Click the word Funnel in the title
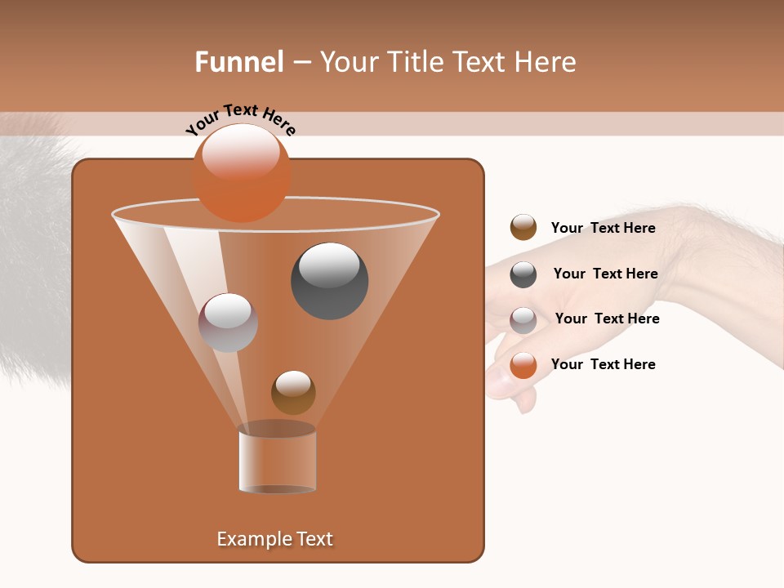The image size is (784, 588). pyautogui.click(x=238, y=62)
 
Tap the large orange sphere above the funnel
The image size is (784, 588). pyautogui.click(x=241, y=173)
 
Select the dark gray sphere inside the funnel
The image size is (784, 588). pyautogui.click(x=329, y=281)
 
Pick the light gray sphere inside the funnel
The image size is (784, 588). pyautogui.click(x=228, y=323)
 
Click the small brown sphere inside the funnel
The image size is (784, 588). pyautogui.click(x=293, y=392)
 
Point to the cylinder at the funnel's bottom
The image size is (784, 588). pyautogui.click(x=277, y=461)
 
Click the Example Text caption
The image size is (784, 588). pyautogui.click(x=274, y=539)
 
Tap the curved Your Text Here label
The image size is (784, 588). pyautogui.click(x=240, y=119)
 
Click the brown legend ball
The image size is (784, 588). pyautogui.click(x=523, y=227)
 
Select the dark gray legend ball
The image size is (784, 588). pyautogui.click(x=523, y=274)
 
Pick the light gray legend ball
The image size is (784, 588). pyautogui.click(x=523, y=320)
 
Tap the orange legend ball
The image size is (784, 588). pyautogui.click(x=523, y=365)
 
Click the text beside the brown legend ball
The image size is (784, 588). pyautogui.click(x=603, y=228)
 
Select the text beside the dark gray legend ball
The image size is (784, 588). pyautogui.click(x=605, y=274)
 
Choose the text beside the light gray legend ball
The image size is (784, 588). pyautogui.click(x=607, y=318)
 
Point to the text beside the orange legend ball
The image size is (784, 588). pyautogui.click(x=603, y=364)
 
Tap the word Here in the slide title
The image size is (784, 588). pyautogui.click(x=545, y=62)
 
